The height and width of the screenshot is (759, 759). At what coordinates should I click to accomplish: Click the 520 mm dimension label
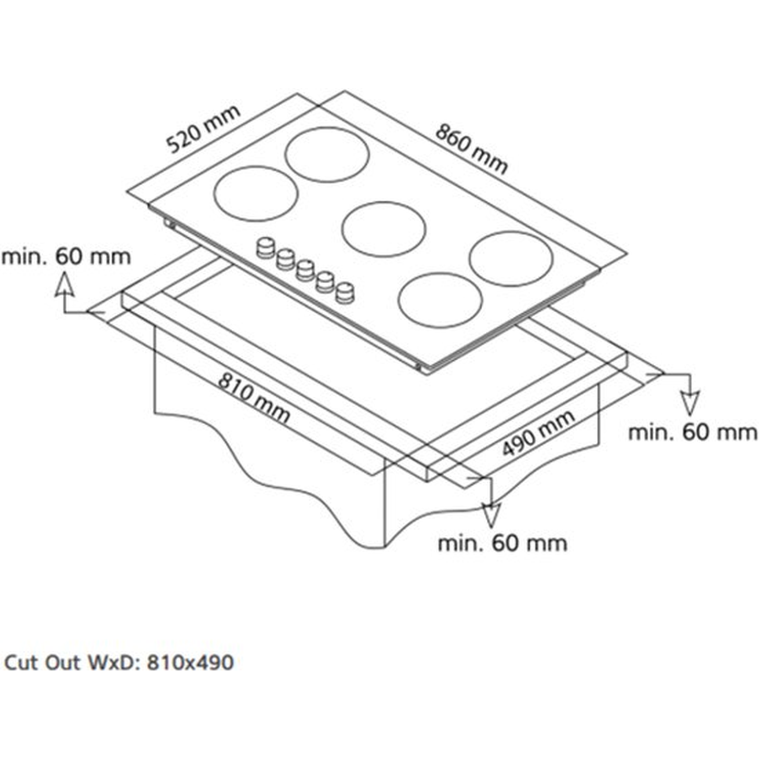[203, 129]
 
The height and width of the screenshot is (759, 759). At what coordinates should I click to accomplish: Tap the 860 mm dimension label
[471, 149]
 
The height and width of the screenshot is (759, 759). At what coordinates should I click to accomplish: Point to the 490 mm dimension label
[538, 433]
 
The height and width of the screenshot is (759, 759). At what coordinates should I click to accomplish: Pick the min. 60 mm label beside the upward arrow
[66, 257]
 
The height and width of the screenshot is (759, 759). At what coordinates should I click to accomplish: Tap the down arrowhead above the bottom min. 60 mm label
[490, 516]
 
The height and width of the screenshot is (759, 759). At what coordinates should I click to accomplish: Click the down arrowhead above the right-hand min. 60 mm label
[690, 403]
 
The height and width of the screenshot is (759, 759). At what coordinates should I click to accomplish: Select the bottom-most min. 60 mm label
[502, 543]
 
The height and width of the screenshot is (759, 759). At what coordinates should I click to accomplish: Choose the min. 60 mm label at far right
[693, 433]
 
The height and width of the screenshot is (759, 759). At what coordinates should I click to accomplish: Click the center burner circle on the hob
[383, 229]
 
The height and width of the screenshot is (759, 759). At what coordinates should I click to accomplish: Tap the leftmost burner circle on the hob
[256, 193]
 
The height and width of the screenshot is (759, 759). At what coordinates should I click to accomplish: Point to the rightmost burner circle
[511, 259]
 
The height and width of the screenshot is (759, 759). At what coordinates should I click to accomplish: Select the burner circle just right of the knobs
[440, 300]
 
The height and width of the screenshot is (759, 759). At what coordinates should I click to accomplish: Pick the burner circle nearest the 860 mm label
[327, 154]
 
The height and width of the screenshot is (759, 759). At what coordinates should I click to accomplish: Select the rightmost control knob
[345, 292]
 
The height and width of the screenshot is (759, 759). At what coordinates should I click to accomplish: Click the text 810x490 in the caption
[190, 662]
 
